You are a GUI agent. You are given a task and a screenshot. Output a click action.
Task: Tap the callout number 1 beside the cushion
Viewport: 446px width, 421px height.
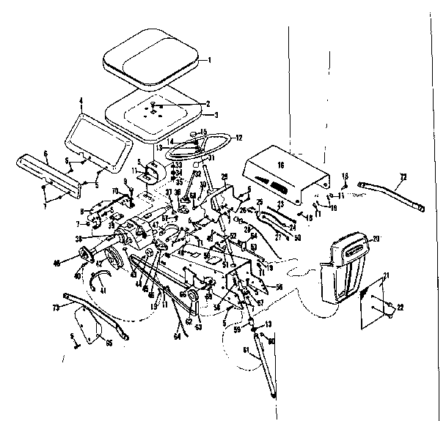tap(209, 59)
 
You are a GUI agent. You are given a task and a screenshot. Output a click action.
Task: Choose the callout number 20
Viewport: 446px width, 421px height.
tap(376, 239)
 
